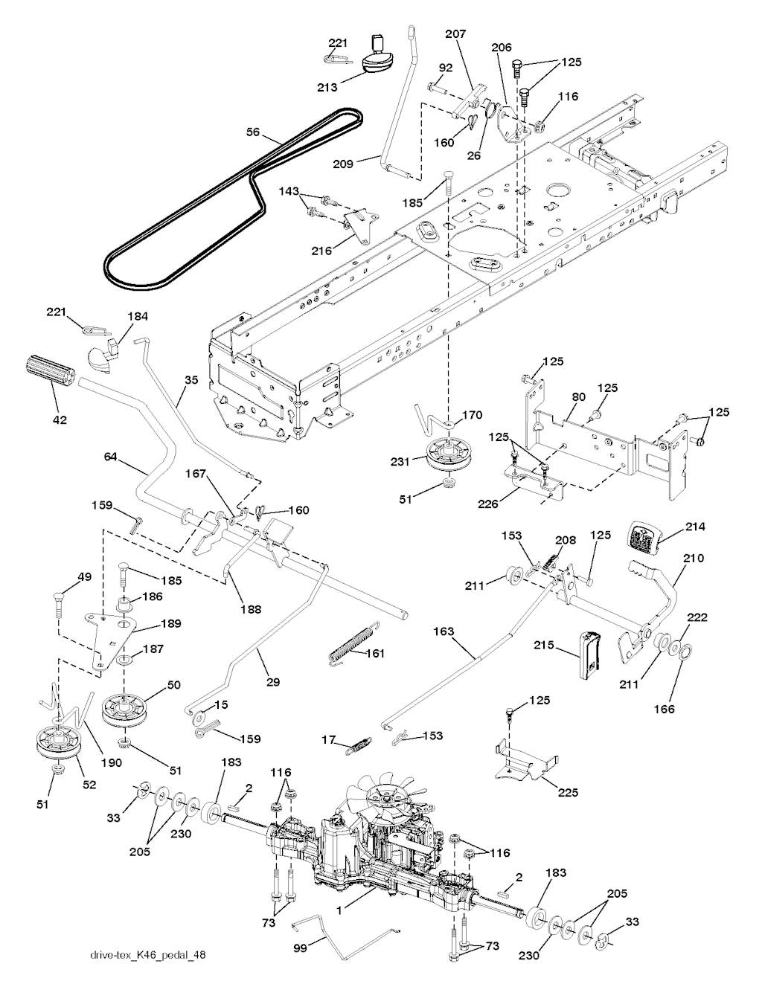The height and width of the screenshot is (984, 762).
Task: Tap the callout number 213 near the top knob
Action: [327, 87]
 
